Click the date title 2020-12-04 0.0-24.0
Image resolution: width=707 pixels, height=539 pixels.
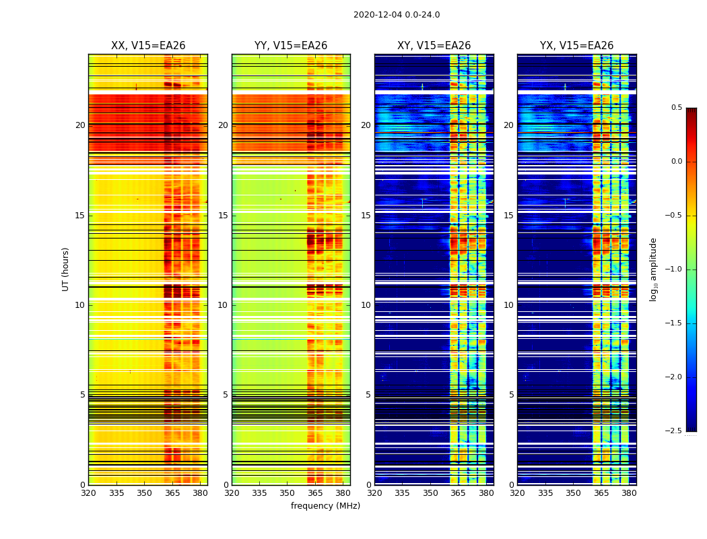(x=397, y=15)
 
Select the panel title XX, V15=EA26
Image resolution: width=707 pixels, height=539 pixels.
(x=148, y=46)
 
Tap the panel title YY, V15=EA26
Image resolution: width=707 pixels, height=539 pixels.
(x=291, y=46)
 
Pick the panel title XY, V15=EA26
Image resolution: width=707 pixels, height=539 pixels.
(x=434, y=46)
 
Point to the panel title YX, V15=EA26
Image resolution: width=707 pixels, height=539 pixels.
(x=576, y=46)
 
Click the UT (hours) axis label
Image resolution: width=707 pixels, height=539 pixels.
(x=66, y=269)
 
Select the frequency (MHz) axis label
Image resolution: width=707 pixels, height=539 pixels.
(x=325, y=506)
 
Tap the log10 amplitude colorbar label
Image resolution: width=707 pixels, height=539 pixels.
(x=652, y=269)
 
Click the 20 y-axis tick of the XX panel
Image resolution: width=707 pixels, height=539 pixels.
(x=80, y=125)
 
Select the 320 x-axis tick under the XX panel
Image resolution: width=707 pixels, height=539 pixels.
(x=88, y=493)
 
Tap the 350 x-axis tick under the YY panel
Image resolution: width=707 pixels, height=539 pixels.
(x=288, y=493)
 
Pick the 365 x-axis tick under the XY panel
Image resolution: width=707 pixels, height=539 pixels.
(x=459, y=493)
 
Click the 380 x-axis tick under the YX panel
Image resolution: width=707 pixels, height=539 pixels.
(x=629, y=493)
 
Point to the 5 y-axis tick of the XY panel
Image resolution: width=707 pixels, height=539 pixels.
(x=368, y=395)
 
